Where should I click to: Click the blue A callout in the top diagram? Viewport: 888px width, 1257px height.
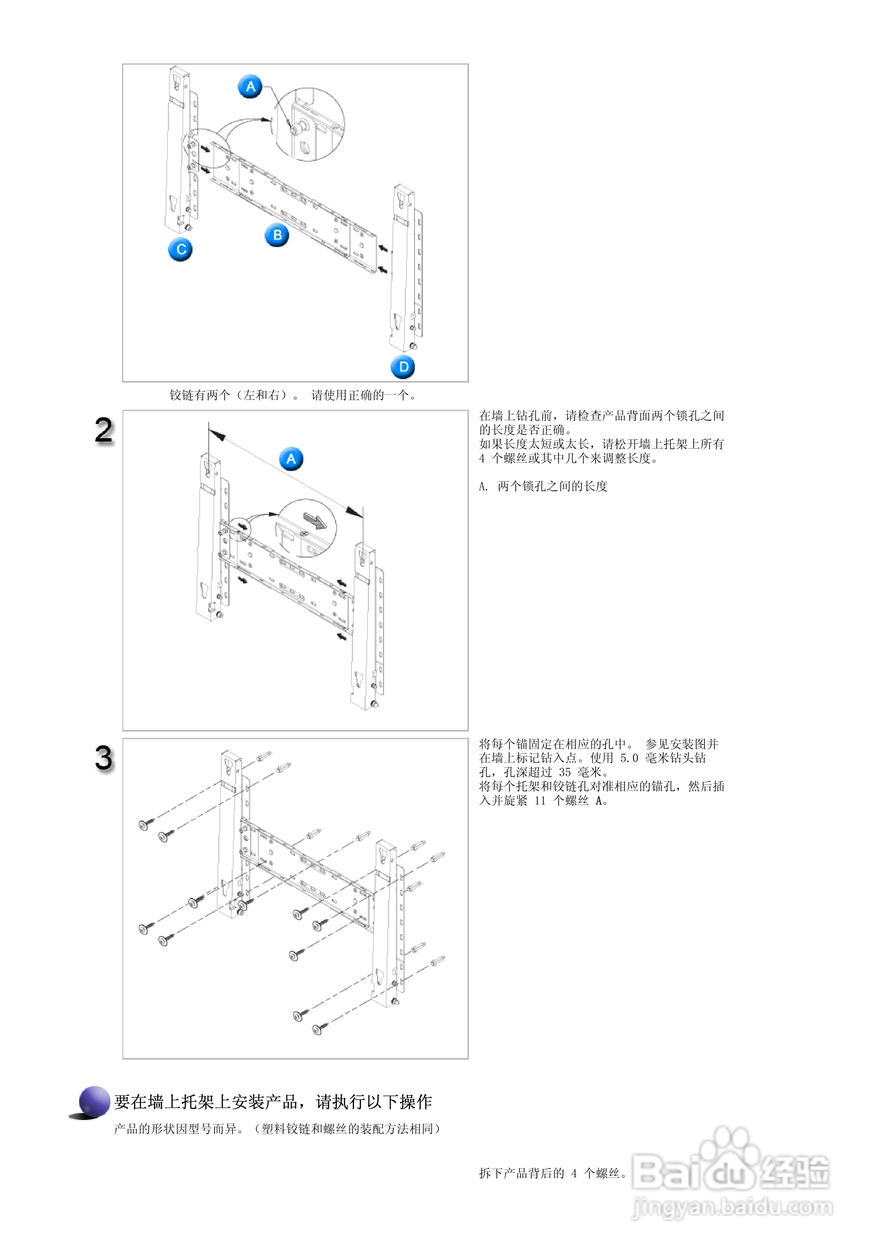pyautogui.click(x=250, y=87)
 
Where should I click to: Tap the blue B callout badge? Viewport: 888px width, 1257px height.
pyautogui.click(x=277, y=235)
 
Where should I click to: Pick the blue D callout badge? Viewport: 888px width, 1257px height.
pyautogui.click(x=403, y=367)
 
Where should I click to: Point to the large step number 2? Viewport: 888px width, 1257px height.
pyautogui.click(x=104, y=430)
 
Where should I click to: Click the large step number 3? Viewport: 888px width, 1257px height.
pyautogui.click(x=104, y=758)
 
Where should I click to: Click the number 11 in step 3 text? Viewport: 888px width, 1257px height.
pyautogui.click(x=540, y=801)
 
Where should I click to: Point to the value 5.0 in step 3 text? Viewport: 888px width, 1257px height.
pyautogui.click(x=629, y=758)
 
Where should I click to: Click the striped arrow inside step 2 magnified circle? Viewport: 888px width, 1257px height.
pyautogui.click(x=315, y=521)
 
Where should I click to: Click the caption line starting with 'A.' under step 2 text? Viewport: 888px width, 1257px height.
pyautogui.click(x=543, y=486)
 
